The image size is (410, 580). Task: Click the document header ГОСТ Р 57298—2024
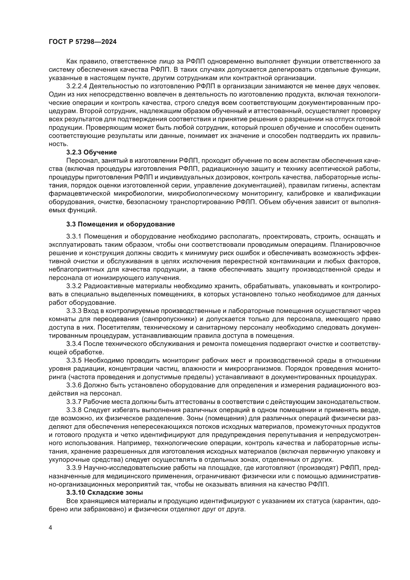83,42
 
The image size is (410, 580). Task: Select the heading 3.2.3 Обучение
92,152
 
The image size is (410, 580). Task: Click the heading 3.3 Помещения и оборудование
121,224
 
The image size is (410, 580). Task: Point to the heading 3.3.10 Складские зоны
105,492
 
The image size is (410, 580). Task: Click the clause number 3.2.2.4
77,86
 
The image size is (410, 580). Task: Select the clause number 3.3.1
74,237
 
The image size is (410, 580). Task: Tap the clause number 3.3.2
74,286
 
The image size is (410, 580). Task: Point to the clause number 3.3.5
74,360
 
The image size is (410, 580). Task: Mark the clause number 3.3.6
74,385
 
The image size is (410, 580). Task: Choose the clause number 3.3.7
74,402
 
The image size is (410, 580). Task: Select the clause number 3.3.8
74,410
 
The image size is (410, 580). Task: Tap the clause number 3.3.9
74,468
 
